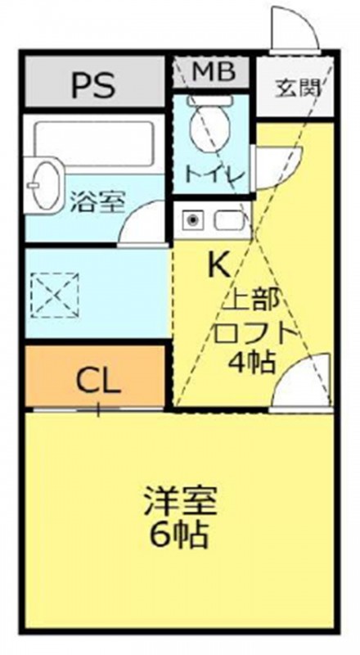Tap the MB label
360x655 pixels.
point(213,72)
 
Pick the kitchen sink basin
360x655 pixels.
point(232,219)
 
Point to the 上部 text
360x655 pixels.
point(253,300)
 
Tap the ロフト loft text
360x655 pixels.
point(253,332)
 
